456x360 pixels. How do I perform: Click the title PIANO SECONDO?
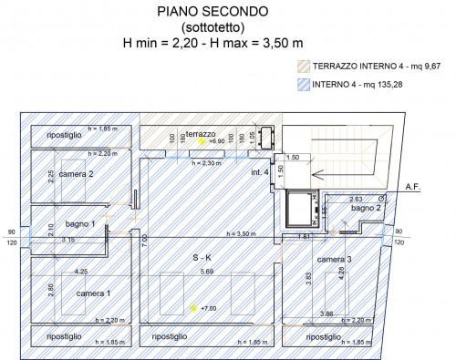tap(212, 12)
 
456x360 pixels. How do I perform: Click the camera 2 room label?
tap(78, 173)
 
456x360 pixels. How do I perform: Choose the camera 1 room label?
tap(93, 293)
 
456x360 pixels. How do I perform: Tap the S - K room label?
tap(202, 258)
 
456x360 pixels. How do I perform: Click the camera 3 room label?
tap(335, 259)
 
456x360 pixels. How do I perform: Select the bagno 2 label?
tap(366, 209)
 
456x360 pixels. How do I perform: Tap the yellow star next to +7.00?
tap(193, 309)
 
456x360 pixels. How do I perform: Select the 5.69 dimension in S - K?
tap(204, 272)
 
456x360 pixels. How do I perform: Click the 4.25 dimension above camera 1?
tap(81, 272)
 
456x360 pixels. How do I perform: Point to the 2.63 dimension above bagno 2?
tap(357, 198)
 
